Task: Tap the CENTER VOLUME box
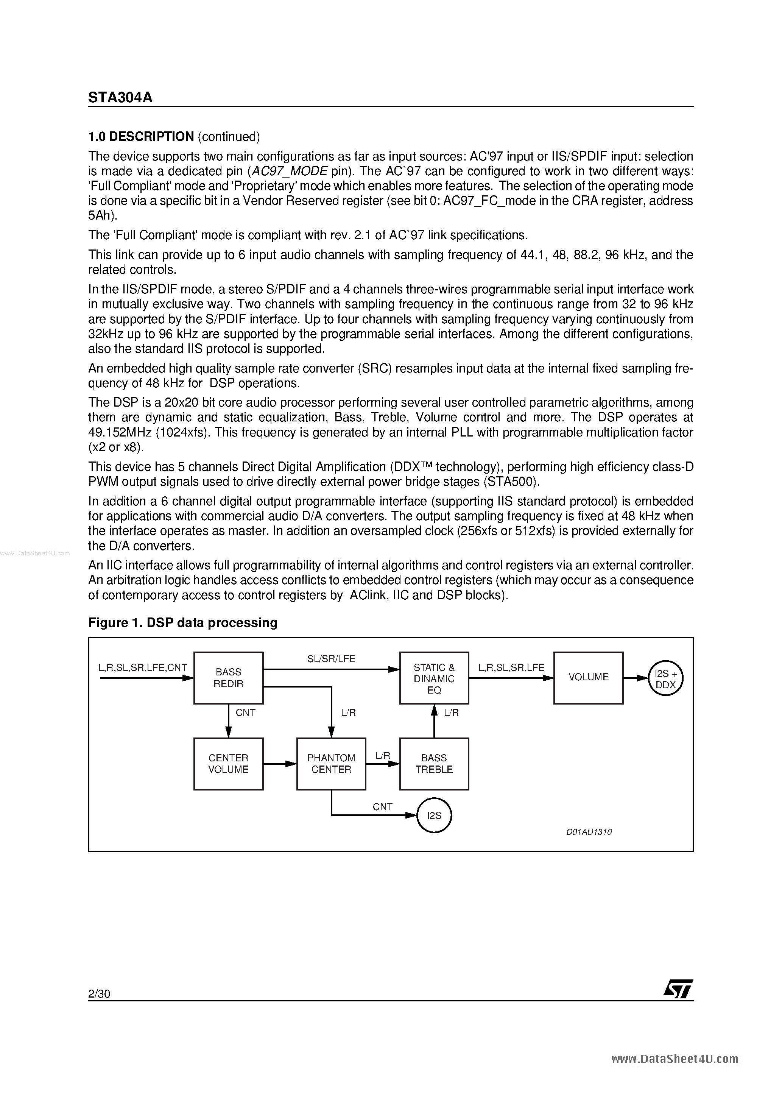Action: [228, 764]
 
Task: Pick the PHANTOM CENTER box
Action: [331, 764]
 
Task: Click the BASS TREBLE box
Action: [434, 764]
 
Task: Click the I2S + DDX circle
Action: [666, 679]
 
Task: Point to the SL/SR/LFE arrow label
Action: [331, 659]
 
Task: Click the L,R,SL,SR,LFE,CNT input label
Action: [143, 668]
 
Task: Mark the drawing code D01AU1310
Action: [589, 832]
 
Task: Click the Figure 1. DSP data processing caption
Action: [183, 623]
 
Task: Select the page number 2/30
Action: [99, 994]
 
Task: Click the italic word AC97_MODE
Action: [290, 172]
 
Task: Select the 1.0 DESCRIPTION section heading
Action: [141, 137]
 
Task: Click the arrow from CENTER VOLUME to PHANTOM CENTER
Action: [280, 764]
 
